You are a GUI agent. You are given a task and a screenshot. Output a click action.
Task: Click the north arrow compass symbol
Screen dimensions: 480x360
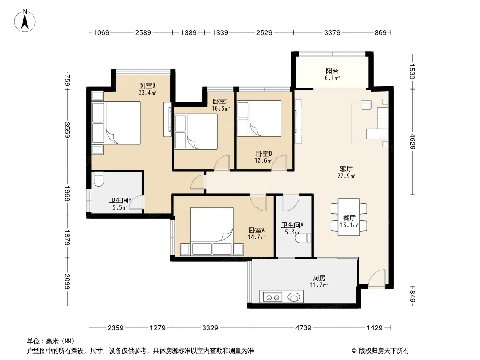coord(25,21)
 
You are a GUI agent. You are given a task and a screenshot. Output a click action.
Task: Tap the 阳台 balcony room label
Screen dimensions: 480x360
coord(332,71)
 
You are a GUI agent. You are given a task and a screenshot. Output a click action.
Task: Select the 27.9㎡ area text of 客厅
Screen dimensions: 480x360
coord(346,176)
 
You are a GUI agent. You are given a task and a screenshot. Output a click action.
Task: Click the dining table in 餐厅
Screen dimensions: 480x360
coord(349,217)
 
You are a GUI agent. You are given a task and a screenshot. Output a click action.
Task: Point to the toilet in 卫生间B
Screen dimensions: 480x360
coord(99,180)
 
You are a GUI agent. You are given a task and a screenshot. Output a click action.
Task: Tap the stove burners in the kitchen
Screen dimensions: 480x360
coord(273,297)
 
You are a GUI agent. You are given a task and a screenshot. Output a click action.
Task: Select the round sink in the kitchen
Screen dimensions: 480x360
coord(294,297)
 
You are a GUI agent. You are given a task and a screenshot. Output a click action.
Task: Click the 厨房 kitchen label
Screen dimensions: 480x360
coord(319,278)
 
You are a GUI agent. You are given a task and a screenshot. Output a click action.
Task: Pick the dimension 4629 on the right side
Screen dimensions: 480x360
coord(412,142)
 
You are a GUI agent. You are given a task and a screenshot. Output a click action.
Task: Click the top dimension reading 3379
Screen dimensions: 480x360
coord(332,32)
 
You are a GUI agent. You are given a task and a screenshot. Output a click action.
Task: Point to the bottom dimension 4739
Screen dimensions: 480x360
coord(303,328)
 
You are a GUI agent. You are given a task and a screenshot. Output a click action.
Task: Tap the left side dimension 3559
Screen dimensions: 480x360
coord(68,130)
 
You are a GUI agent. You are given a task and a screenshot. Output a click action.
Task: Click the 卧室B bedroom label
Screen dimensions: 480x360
coord(147,85)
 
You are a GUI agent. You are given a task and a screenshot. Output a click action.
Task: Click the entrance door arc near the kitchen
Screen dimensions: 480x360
coord(376,279)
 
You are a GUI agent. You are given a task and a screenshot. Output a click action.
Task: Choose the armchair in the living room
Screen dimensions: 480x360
coord(366,105)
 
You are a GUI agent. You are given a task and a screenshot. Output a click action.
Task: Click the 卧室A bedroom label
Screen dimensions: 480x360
coord(257,230)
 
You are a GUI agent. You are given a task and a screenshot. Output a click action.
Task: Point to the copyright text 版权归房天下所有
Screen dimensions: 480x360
coord(384,351)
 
